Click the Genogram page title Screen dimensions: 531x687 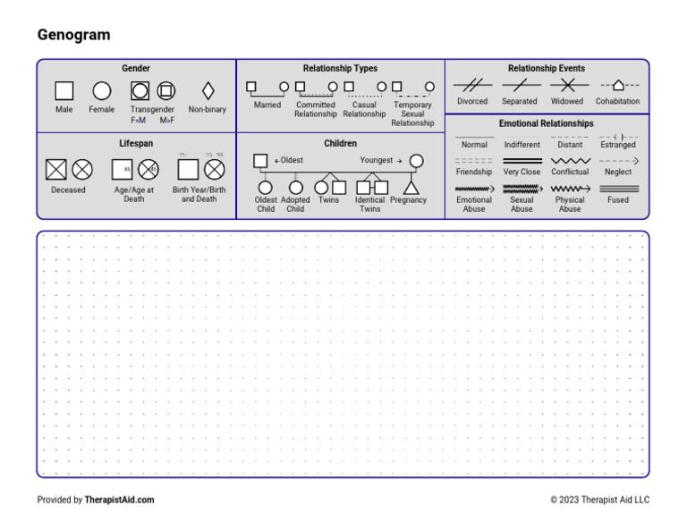[73, 35]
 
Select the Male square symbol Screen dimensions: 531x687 [64, 91]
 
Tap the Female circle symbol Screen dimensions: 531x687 [102, 91]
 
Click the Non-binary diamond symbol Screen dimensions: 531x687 [208, 91]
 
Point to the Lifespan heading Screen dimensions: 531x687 [136, 143]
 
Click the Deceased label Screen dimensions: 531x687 [69, 190]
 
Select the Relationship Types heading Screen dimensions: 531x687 [340, 69]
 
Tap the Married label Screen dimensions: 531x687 [267, 105]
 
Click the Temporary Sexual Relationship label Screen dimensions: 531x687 [412, 114]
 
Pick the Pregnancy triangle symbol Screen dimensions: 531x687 [411, 188]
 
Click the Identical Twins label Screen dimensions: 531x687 [369, 205]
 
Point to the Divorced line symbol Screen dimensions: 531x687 [472, 86]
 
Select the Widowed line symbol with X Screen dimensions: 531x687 [567, 86]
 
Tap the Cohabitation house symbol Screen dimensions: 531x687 [618, 85]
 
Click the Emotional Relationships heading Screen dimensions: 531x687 [546, 123]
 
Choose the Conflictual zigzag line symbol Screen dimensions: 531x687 [570, 161]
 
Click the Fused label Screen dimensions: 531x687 [618, 200]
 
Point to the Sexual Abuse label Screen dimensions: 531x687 [522, 205]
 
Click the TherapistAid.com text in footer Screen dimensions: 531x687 [119, 500]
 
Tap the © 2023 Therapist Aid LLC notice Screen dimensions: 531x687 [599, 500]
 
